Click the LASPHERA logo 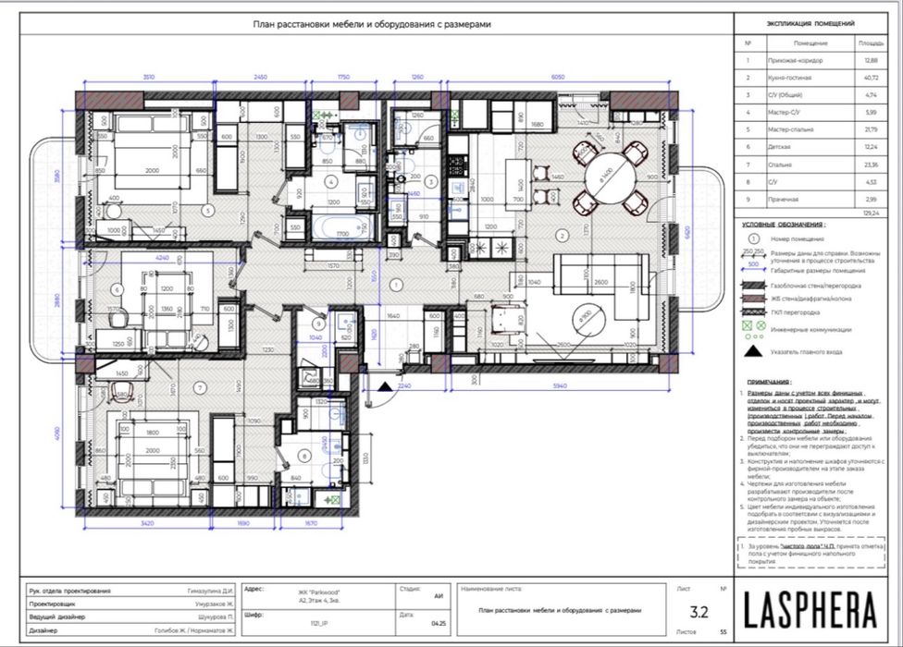click(810, 610)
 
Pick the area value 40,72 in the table click(870, 77)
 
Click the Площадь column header click(870, 43)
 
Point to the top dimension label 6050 click(558, 78)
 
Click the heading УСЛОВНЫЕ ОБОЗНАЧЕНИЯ click(785, 224)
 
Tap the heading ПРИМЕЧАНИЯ click(770, 381)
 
